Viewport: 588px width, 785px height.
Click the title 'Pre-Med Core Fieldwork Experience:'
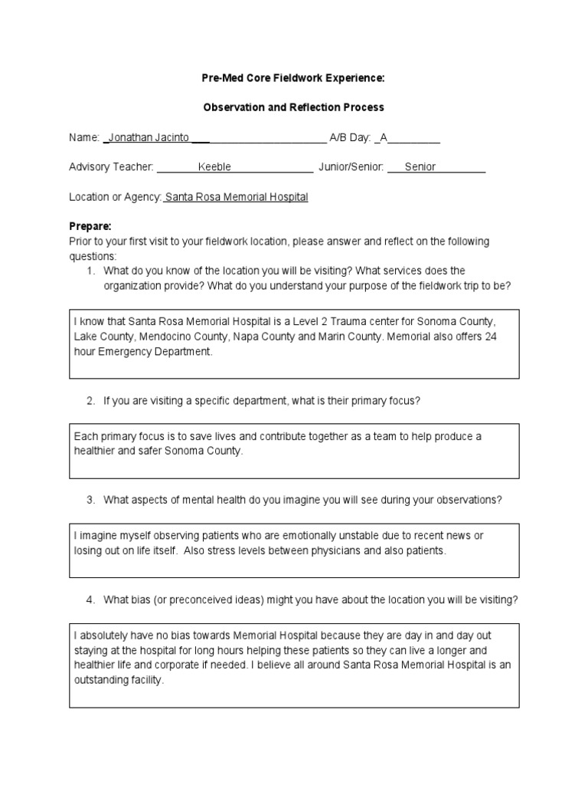tap(293, 78)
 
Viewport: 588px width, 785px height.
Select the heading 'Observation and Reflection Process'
tap(293, 107)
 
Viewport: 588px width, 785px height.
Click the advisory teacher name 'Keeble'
tap(214, 167)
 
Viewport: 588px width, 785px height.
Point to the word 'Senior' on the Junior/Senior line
tap(420, 167)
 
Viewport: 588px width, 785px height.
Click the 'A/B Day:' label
tap(350, 138)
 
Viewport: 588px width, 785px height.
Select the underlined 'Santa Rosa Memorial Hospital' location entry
tap(237, 197)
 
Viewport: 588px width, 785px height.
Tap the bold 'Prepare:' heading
tap(90, 226)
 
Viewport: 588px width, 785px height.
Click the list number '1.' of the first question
tap(90, 271)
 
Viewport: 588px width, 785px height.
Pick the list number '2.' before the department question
tap(90, 401)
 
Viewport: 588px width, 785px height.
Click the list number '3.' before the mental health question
tap(90, 500)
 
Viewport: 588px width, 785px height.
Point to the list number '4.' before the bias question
tap(90, 599)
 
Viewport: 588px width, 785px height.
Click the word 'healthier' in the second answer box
tap(95, 451)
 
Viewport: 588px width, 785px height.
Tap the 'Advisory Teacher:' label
tap(111, 167)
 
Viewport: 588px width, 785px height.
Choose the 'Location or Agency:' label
tap(115, 197)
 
